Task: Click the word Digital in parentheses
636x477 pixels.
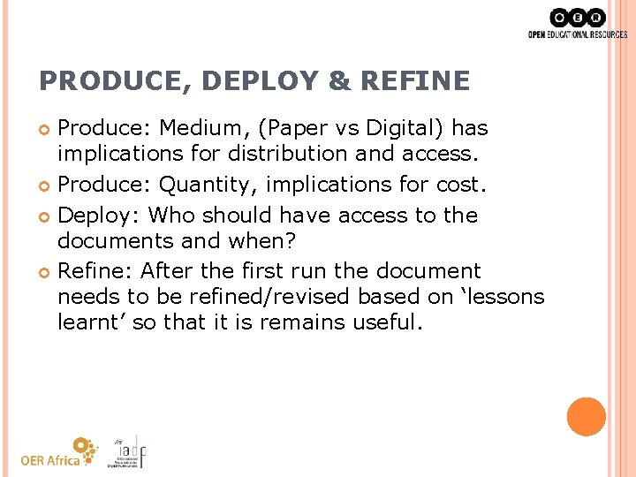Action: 379,127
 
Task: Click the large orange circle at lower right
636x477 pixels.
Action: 586,417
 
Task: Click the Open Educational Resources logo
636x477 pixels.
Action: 577,24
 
